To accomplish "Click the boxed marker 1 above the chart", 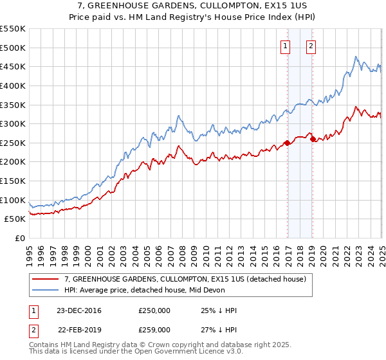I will [284, 45].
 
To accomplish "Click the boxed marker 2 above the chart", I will [310, 45].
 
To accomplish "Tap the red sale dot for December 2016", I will [287, 143].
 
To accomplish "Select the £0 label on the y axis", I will [21, 238].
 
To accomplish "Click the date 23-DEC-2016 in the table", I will [78, 310].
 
